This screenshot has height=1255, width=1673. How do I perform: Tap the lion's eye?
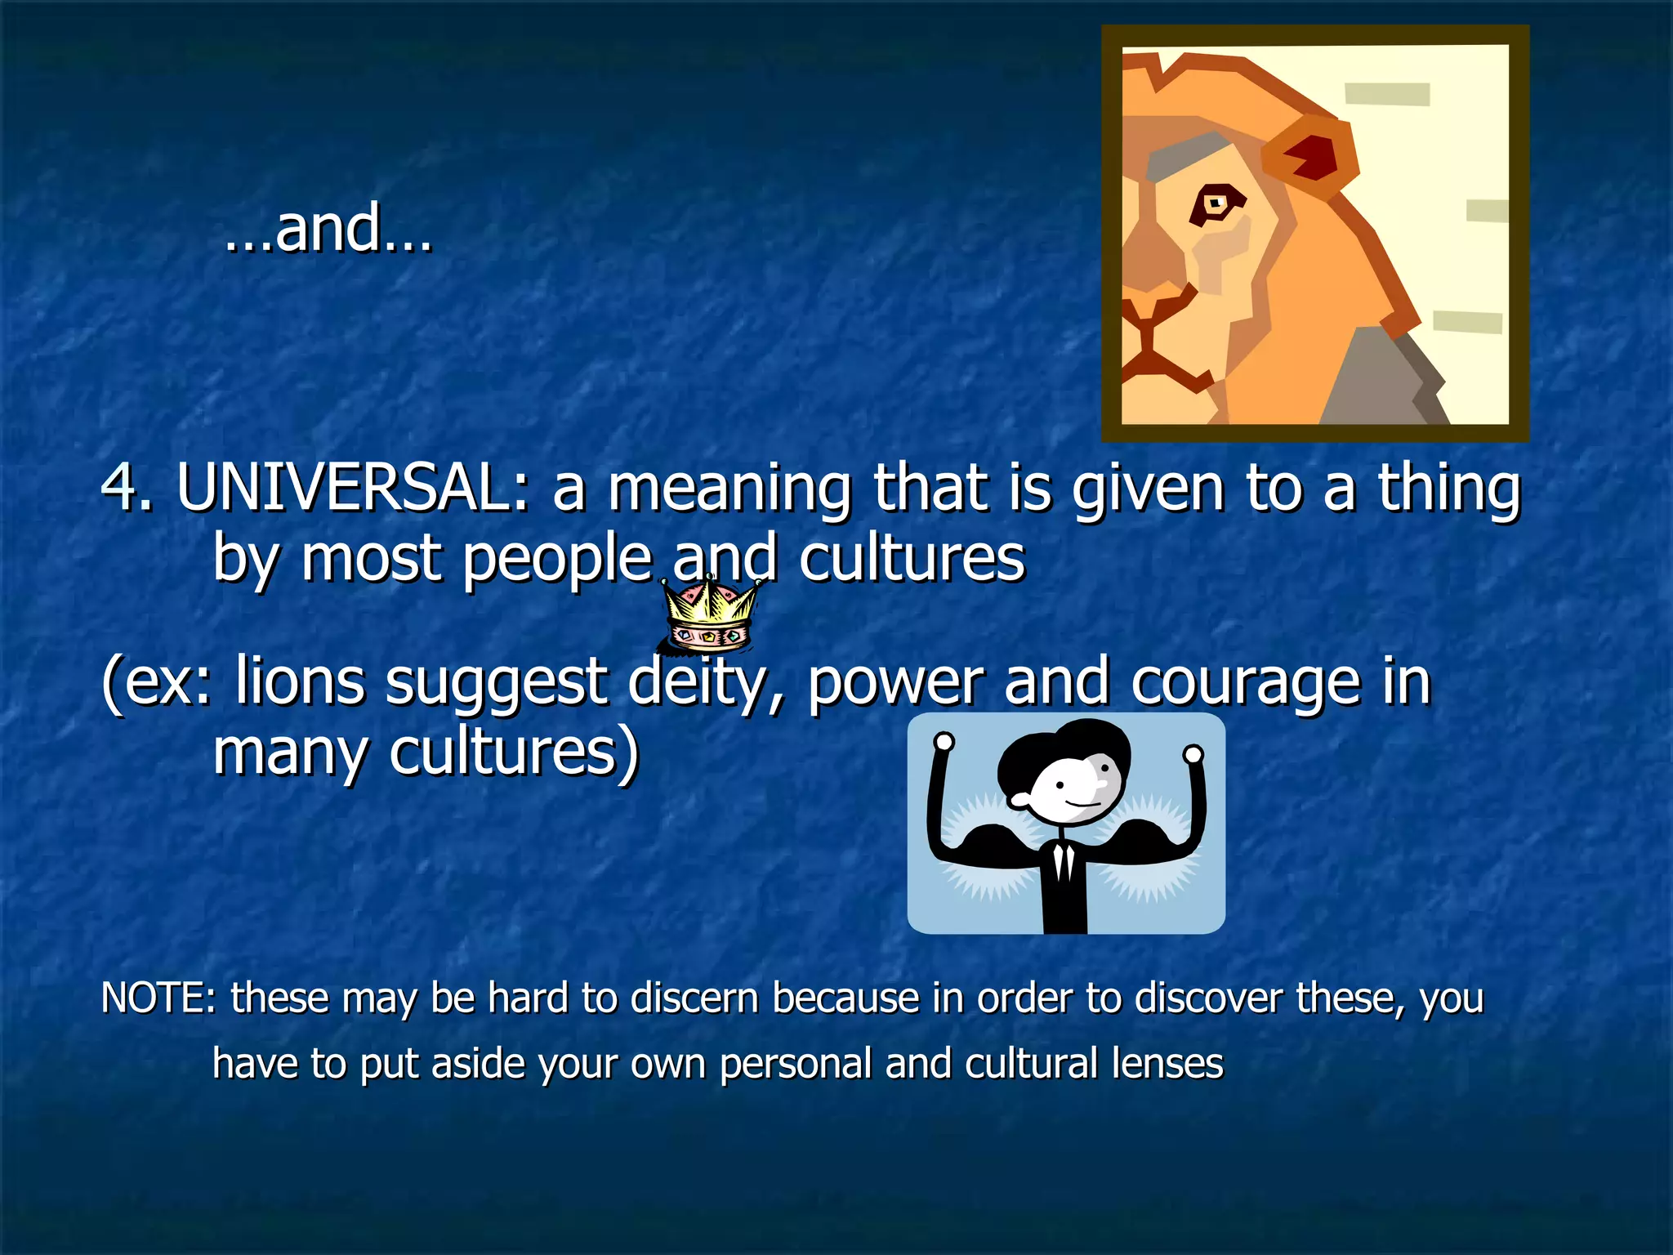coord(1216,203)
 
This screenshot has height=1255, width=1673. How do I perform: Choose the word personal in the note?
coord(796,1064)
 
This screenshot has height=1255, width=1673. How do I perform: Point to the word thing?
coord(1449,488)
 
